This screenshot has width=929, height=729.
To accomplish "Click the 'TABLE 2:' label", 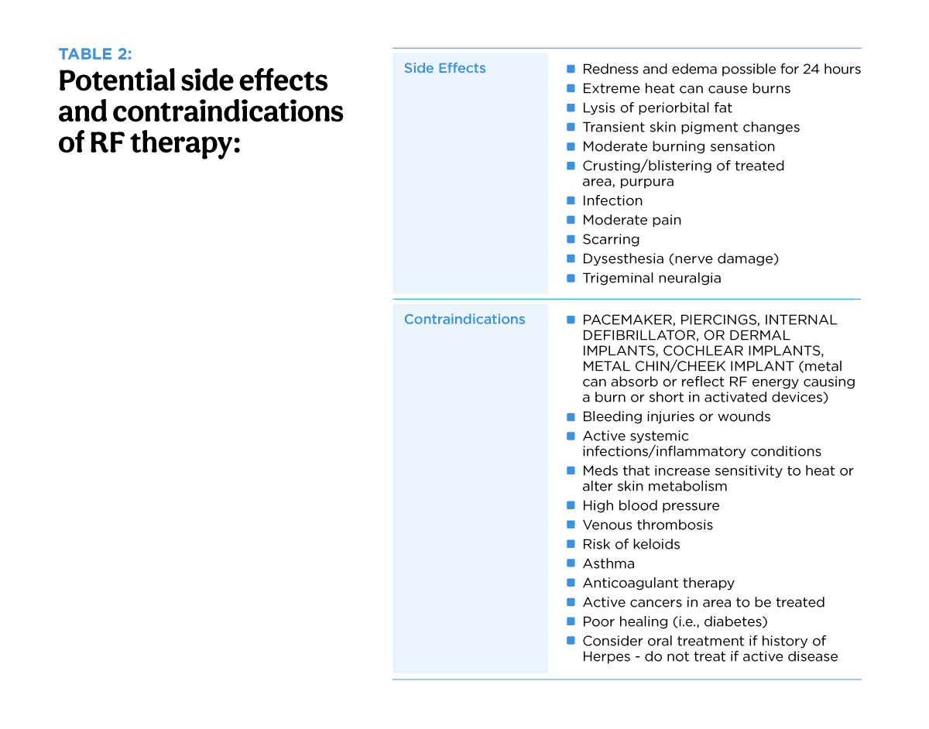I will point(95,54).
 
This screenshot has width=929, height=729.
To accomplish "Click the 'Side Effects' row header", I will point(444,68).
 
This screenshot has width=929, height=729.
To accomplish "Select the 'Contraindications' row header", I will point(464,319).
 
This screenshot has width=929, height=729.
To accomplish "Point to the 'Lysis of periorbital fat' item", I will point(656,108).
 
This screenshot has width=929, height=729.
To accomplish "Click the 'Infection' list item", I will point(612,200).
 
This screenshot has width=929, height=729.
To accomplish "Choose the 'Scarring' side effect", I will point(611,239).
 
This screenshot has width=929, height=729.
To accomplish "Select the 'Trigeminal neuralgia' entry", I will point(651,278).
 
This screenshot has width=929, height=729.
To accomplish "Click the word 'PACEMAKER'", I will point(628,320).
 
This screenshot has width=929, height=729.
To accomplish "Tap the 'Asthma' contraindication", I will point(608,563).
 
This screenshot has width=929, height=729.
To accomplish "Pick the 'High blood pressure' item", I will point(650,505).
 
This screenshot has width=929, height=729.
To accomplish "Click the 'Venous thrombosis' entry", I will point(647,525).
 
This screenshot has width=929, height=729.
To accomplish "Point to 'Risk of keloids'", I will point(631,544).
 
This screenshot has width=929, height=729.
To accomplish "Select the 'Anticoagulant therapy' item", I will point(658,583).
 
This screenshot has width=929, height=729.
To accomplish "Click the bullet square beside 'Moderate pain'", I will point(571,220).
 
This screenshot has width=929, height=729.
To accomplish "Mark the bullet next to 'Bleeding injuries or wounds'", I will point(571,416).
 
